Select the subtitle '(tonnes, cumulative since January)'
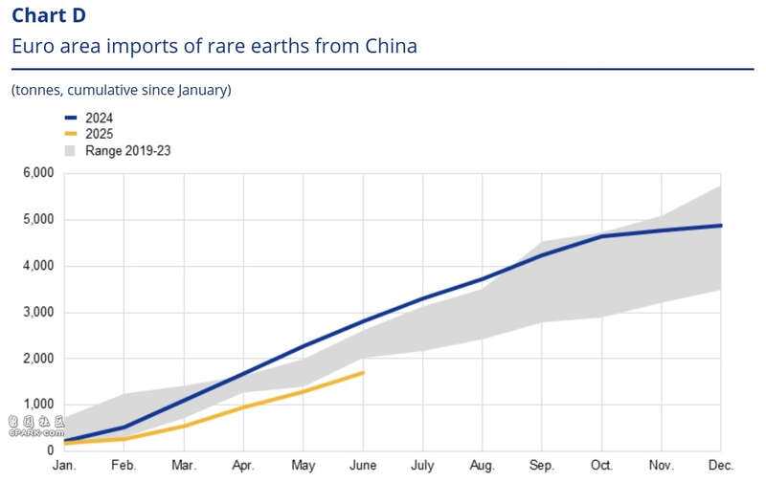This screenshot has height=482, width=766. [x=122, y=90]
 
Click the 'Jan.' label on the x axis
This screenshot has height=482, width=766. [x=64, y=465]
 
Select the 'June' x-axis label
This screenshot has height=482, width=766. [x=363, y=465]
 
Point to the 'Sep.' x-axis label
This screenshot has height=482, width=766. [x=542, y=465]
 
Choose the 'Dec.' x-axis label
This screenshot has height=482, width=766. [x=721, y=465]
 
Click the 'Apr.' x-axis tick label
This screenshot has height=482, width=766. [x=243, y=465]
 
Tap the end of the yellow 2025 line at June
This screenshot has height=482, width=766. [x=363, y=372]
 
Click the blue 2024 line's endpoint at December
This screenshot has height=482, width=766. [x=721, y=226]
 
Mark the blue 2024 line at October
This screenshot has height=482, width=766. [x=601, y=236]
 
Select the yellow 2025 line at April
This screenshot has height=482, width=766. [x=243, y=407]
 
